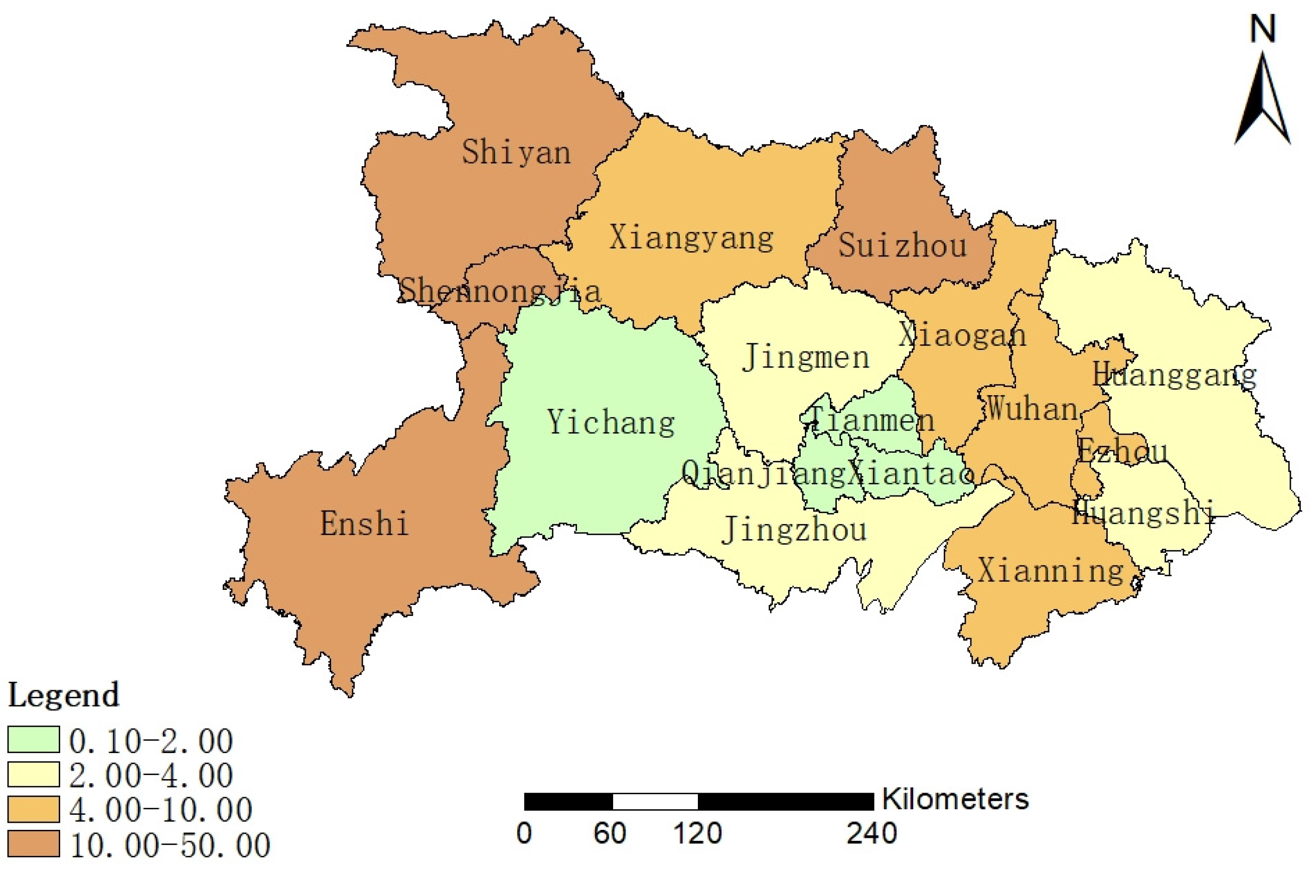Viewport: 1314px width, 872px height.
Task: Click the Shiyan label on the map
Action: click(516, 152)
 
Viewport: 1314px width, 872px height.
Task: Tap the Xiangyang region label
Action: click(691, 238)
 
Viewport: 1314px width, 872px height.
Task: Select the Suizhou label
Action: click(902, 245)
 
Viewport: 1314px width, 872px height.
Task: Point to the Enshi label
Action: click(364, 523)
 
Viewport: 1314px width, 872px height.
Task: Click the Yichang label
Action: click(611, 422)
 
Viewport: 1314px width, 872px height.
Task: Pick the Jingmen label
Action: click(805, 356)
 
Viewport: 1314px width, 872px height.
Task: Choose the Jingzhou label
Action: click(794, 529)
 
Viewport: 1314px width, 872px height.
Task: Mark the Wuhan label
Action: click(1032, 409)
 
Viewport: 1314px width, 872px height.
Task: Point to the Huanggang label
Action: click(1174, 375)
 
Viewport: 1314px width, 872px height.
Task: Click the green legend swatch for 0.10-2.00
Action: click(33, 739)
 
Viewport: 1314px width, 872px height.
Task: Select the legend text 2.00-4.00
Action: click(151, 775)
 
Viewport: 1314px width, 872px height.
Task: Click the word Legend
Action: click(63, 695)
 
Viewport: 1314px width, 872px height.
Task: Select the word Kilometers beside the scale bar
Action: click(955, 799)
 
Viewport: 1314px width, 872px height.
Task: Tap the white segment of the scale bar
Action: click(655, 801)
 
